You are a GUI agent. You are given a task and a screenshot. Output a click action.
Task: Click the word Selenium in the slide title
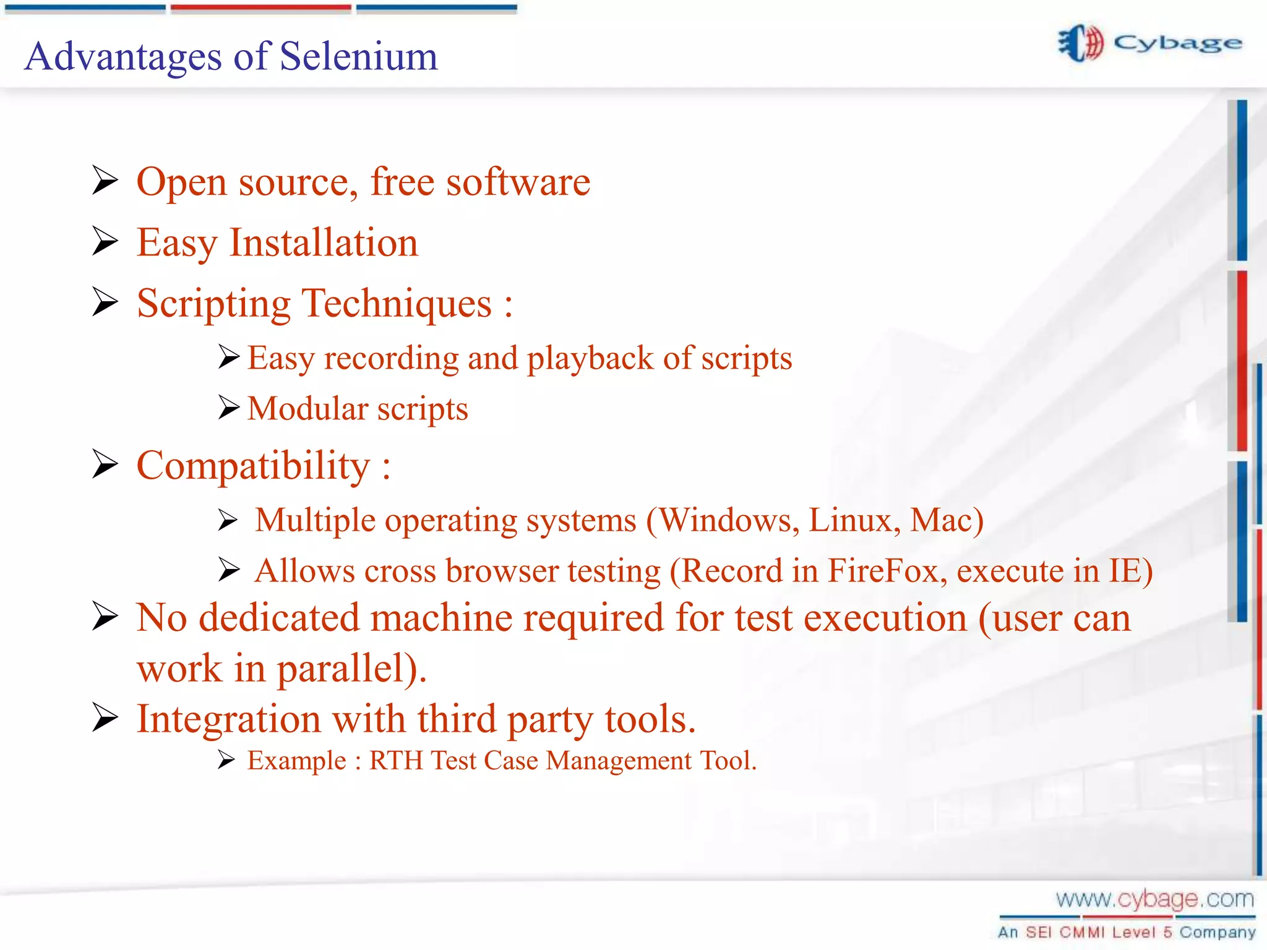point(359,57)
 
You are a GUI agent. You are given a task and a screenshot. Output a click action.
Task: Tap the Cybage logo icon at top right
point(1081,43)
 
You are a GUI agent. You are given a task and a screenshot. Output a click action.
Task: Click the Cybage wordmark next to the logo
point(1177,43)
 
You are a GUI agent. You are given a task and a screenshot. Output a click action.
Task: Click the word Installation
point(324,242)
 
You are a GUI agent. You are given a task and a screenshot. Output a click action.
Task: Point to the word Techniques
point(397,304)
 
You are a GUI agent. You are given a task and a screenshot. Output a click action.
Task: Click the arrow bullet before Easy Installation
point(105,241)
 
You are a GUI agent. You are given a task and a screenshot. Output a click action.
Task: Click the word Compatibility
point(253,466)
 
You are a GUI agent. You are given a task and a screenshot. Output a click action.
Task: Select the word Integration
point(228,719)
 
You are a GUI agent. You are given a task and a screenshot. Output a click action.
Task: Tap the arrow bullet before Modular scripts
point(228,408)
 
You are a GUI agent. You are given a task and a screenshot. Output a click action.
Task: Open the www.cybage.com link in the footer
point(1154,899)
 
